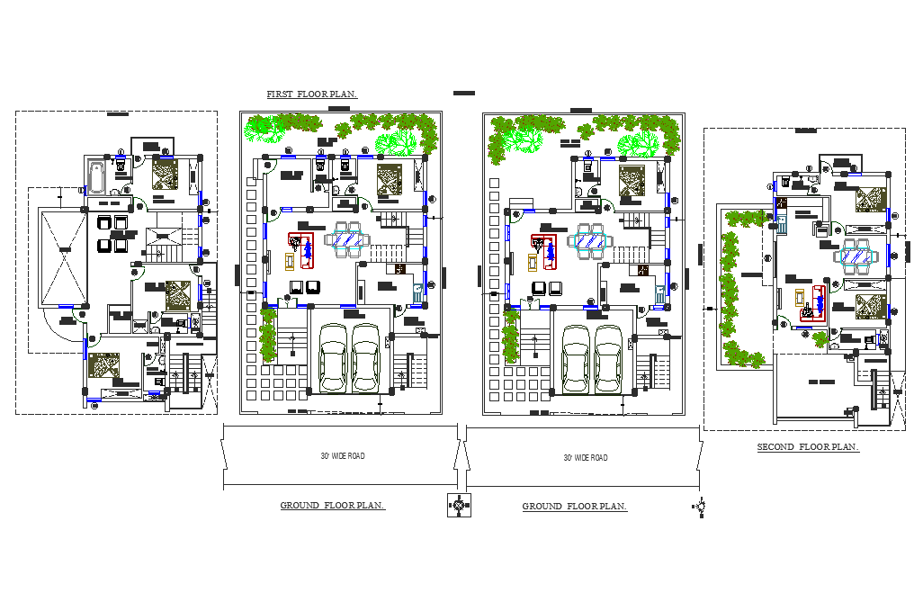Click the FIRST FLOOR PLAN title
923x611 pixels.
(311, 94)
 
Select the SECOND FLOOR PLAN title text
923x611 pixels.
(807, 447)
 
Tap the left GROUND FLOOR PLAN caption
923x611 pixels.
(332, 506)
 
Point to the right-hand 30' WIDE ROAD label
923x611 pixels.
(585, 458)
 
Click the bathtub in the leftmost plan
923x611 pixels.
(96, 176)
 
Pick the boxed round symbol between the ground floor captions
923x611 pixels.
(459, 506)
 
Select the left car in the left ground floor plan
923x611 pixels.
(334, 358)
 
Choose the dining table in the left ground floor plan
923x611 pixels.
(347, 240)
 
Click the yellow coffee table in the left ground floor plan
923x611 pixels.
(290, 261)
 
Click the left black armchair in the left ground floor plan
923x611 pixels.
(295, 287)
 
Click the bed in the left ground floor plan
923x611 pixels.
(390, 178)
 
